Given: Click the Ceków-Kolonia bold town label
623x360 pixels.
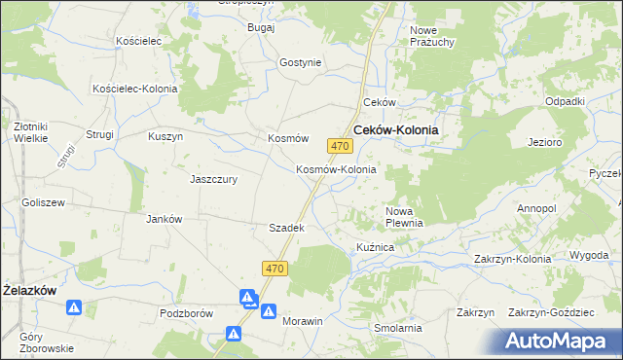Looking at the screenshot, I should pyautogui.click(x=395, y=129).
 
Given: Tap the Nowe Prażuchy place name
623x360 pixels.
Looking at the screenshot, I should pyautogui.click(x=431, y=37).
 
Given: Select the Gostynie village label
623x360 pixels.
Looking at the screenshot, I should pyautogui.click(x=300, y=62).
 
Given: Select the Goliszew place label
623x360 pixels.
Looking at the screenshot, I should pyautogui.click(x=43, y=202).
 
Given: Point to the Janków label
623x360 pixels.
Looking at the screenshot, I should pyautogui.click(x=164, y=219).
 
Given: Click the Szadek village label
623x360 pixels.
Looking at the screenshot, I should pyautogui.click(x=287, y=228).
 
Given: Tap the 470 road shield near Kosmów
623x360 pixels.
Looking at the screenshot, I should pyautogui.click(x=339, y=146).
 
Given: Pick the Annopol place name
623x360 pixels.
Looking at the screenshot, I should pyautogui.click(x=536, y=209).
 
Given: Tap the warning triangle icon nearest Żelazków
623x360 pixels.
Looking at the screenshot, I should pyautogui.click(x=74, y=308).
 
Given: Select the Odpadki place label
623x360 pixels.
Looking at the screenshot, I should pyautogui.click(x=565, y=102).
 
